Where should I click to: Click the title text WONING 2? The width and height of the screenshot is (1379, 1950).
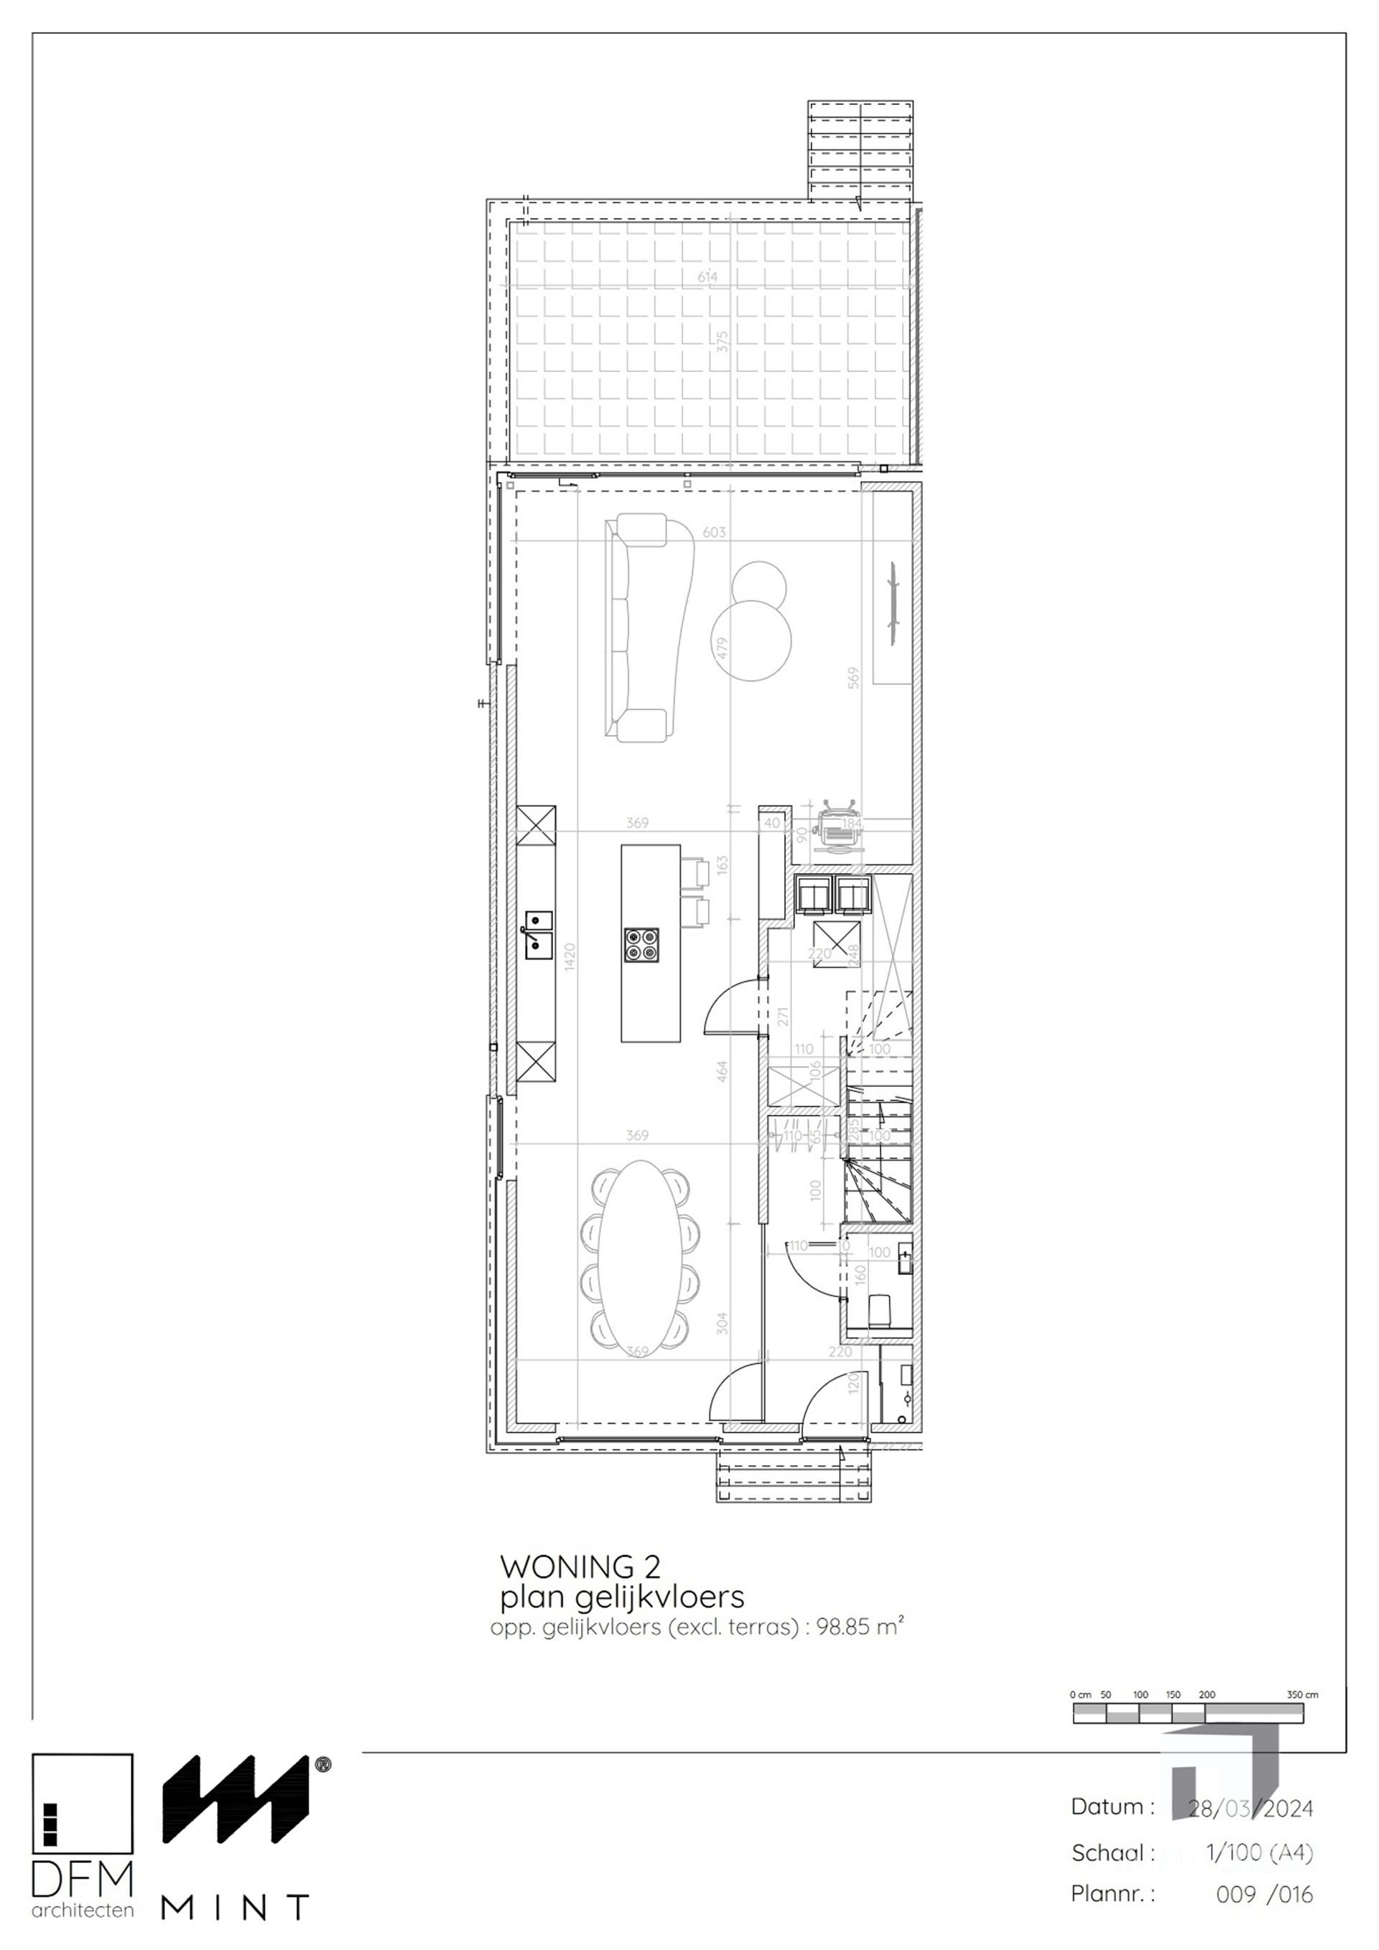(580, 1565)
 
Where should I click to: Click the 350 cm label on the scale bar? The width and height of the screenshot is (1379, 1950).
(1301, 1694)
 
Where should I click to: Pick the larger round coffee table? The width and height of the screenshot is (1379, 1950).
(752, 639)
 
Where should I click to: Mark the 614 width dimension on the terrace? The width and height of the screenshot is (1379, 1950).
(707, 277)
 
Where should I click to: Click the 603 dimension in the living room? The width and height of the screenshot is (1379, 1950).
(714, 533)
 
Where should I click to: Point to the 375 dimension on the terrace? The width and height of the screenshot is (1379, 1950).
(723, 342)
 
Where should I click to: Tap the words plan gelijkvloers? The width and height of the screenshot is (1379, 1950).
(621, 1597)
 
